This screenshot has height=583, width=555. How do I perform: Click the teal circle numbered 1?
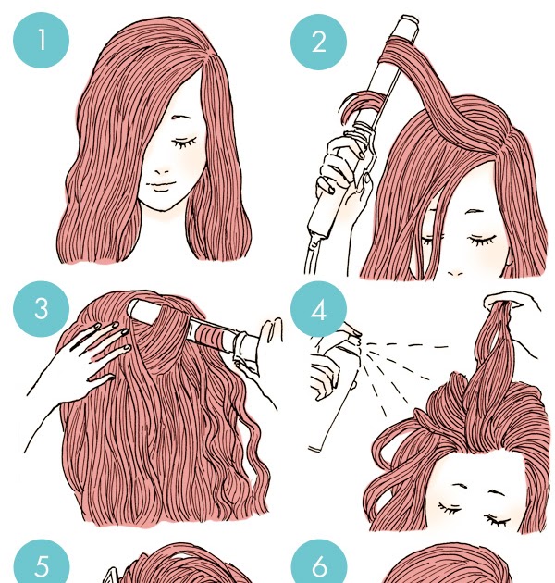(42, 40)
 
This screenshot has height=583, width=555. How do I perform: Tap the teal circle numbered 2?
(318, 42)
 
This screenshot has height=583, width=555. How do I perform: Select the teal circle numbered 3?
(42, 308)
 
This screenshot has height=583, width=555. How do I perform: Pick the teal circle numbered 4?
(318, 309)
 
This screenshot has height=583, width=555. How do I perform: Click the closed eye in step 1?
(184, 143)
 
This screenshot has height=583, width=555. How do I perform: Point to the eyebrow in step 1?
(181, 117)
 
